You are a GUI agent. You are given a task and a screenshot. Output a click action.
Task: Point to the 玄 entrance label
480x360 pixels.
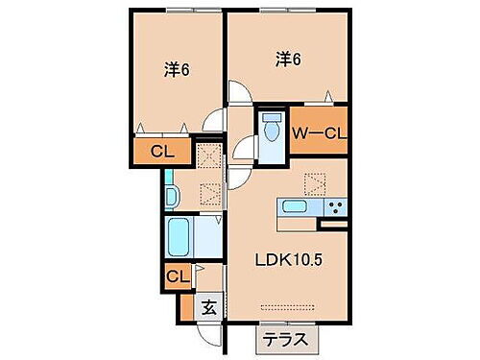tap(209, 307)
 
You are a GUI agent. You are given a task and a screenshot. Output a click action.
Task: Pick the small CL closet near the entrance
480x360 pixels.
tap(176, 278)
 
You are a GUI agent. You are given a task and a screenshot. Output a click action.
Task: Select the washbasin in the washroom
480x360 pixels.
tap(171, 196)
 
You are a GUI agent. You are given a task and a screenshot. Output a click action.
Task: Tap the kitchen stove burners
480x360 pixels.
tap(334, 206)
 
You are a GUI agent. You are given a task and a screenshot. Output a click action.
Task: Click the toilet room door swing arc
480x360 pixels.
tap(243, 151)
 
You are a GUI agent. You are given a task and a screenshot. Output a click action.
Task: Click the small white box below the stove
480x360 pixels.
tap(335, 226)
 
